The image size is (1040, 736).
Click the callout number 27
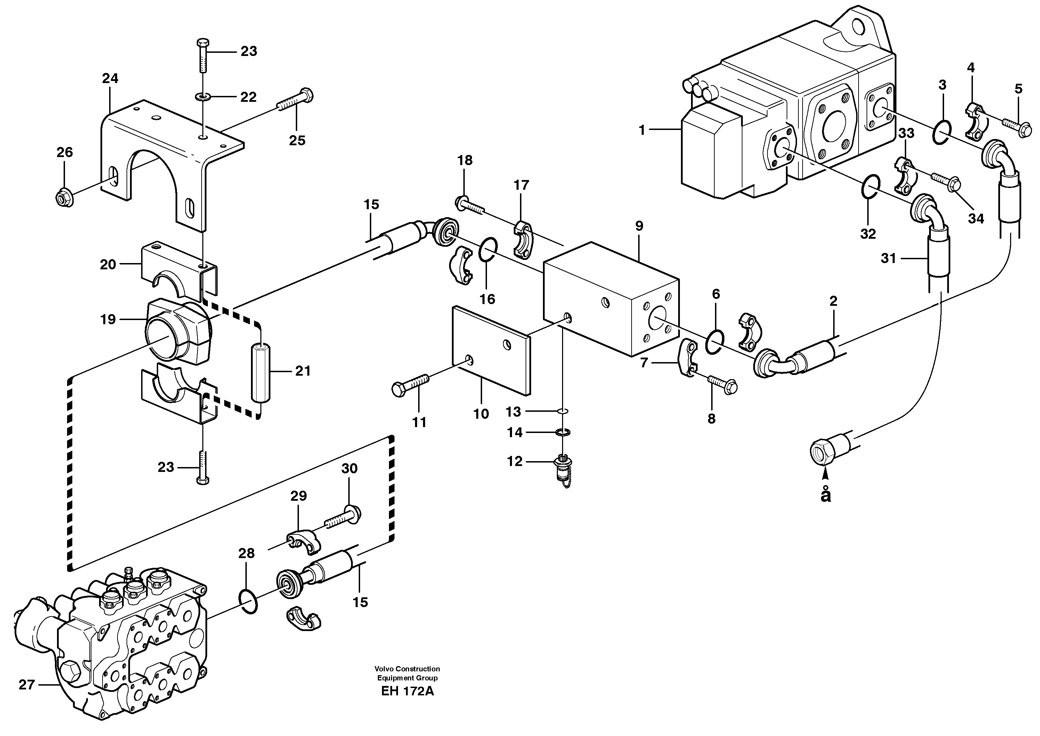[26, 684]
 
